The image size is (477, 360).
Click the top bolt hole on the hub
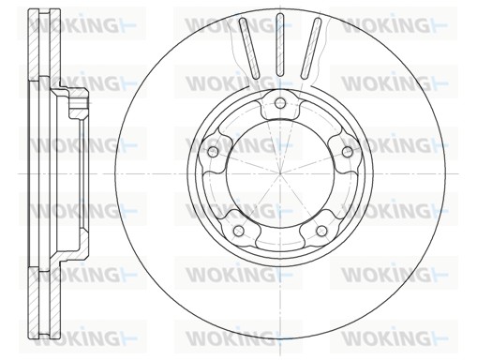pyautogui.click(x=280, y=102)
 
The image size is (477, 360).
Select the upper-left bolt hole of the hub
pyautogui.click(x=213, y=152)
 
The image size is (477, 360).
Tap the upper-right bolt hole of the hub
pyautogui.click(x=348, y=152)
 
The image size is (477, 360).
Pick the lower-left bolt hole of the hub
pyautogui.click(x=239, y=231)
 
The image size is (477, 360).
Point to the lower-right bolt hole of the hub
pyautogui.click(x=321, y=231)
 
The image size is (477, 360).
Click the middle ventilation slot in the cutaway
pyautogui.click(x=280, y=45)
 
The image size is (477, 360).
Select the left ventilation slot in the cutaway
pyautogui.click(x=249, y=48)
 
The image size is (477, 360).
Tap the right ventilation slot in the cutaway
pyautogui.click(x=311, y=48)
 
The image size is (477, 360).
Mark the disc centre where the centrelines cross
pyautogui.click(x=280, y=173)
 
